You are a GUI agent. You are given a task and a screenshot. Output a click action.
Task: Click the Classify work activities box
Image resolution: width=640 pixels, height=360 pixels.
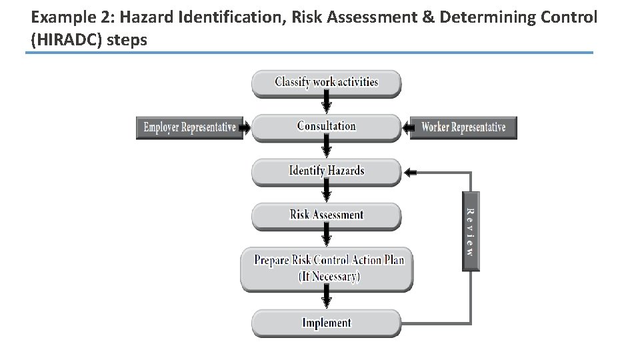pos(327,83)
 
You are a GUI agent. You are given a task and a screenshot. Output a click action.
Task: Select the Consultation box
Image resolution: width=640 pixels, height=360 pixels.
pos(327,127)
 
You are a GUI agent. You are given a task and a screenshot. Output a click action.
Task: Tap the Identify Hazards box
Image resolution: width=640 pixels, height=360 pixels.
pos(327,171)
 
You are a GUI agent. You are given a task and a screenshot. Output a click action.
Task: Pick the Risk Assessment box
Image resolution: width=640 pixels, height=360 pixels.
pos(327,215)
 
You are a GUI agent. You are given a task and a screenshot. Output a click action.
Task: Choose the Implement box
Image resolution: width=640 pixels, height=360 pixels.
pos(327,323)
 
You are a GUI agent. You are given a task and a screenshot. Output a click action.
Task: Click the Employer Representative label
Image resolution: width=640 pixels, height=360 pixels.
pos(190,127)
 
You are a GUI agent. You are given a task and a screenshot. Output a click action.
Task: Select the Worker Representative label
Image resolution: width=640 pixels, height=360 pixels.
pos(463,127)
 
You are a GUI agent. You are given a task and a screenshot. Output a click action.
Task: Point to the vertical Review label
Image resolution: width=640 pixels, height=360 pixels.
pos(470,232)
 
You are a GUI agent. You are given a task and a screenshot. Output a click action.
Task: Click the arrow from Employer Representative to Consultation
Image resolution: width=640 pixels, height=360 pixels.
pos(245,127)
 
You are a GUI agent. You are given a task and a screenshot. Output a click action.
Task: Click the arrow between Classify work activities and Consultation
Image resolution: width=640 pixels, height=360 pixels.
pos(327,103)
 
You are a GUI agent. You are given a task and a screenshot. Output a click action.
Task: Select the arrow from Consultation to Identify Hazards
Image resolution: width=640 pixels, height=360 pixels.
pos(327,148)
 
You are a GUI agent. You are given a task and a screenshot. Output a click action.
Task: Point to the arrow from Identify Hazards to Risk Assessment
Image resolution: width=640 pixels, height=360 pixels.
pos(327,193)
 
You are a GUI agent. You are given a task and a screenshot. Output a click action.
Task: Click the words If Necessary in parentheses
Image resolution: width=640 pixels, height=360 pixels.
pos(329,276)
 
